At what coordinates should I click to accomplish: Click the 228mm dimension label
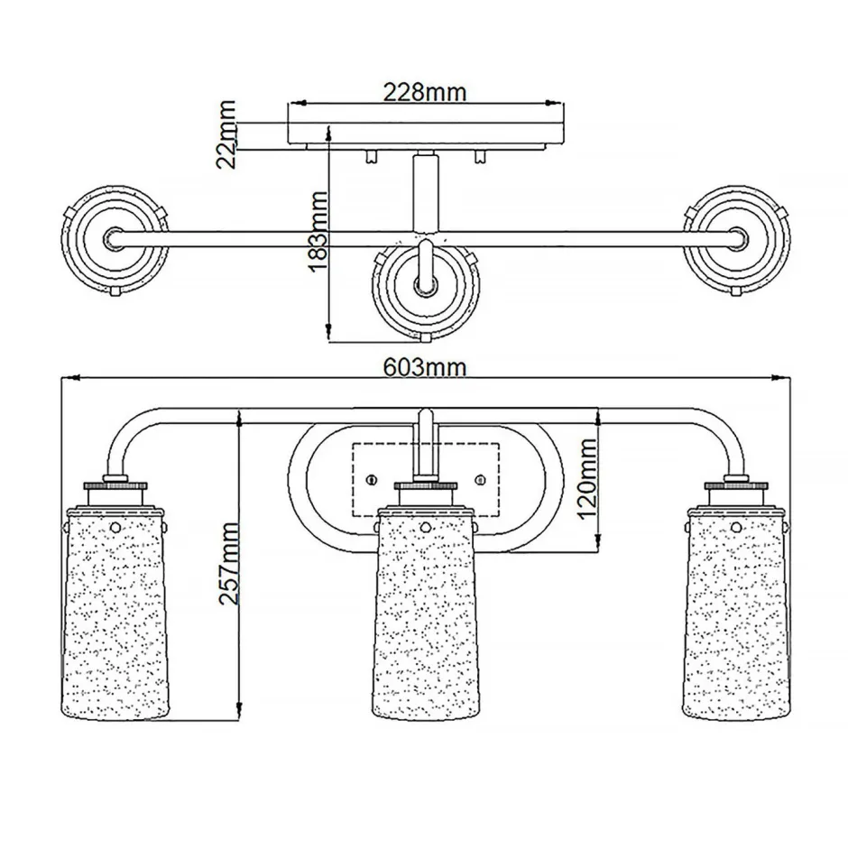[425, 92]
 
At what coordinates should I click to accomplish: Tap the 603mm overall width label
[425, 367]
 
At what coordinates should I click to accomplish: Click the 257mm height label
[228, 564]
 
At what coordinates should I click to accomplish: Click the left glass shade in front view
[115, 614]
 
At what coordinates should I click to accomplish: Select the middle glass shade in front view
[425, 614]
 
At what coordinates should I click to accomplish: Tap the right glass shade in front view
[736, 614]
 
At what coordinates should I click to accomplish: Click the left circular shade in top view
[115, 240]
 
